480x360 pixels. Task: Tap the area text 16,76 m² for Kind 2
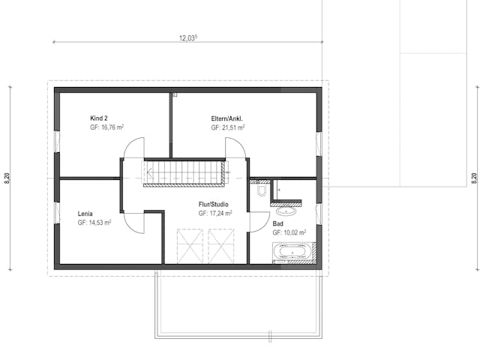(x=106, y=127)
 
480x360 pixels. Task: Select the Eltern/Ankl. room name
(x=227, y=118)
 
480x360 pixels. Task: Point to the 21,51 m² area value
(x=228, y=127)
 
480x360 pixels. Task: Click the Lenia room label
(x=85, y=213)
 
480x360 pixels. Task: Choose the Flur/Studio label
(x=214, y=204)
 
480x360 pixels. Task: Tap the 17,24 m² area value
(x=215, y=214)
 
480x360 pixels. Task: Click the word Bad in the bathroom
(x=277, y=223)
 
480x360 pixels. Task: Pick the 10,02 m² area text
(x=289, y=232)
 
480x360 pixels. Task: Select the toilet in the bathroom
(x=261, y=190)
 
